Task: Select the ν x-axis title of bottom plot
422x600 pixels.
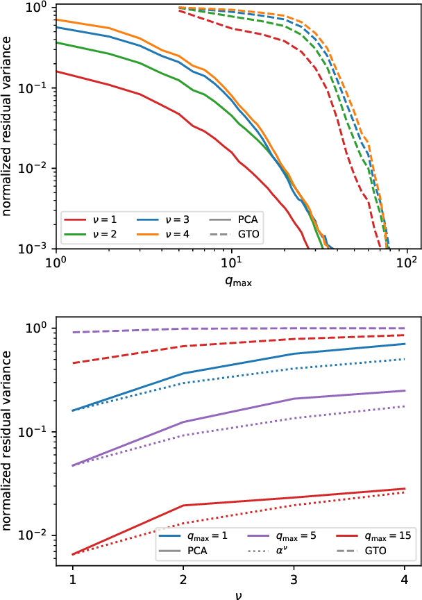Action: (238, 594)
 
